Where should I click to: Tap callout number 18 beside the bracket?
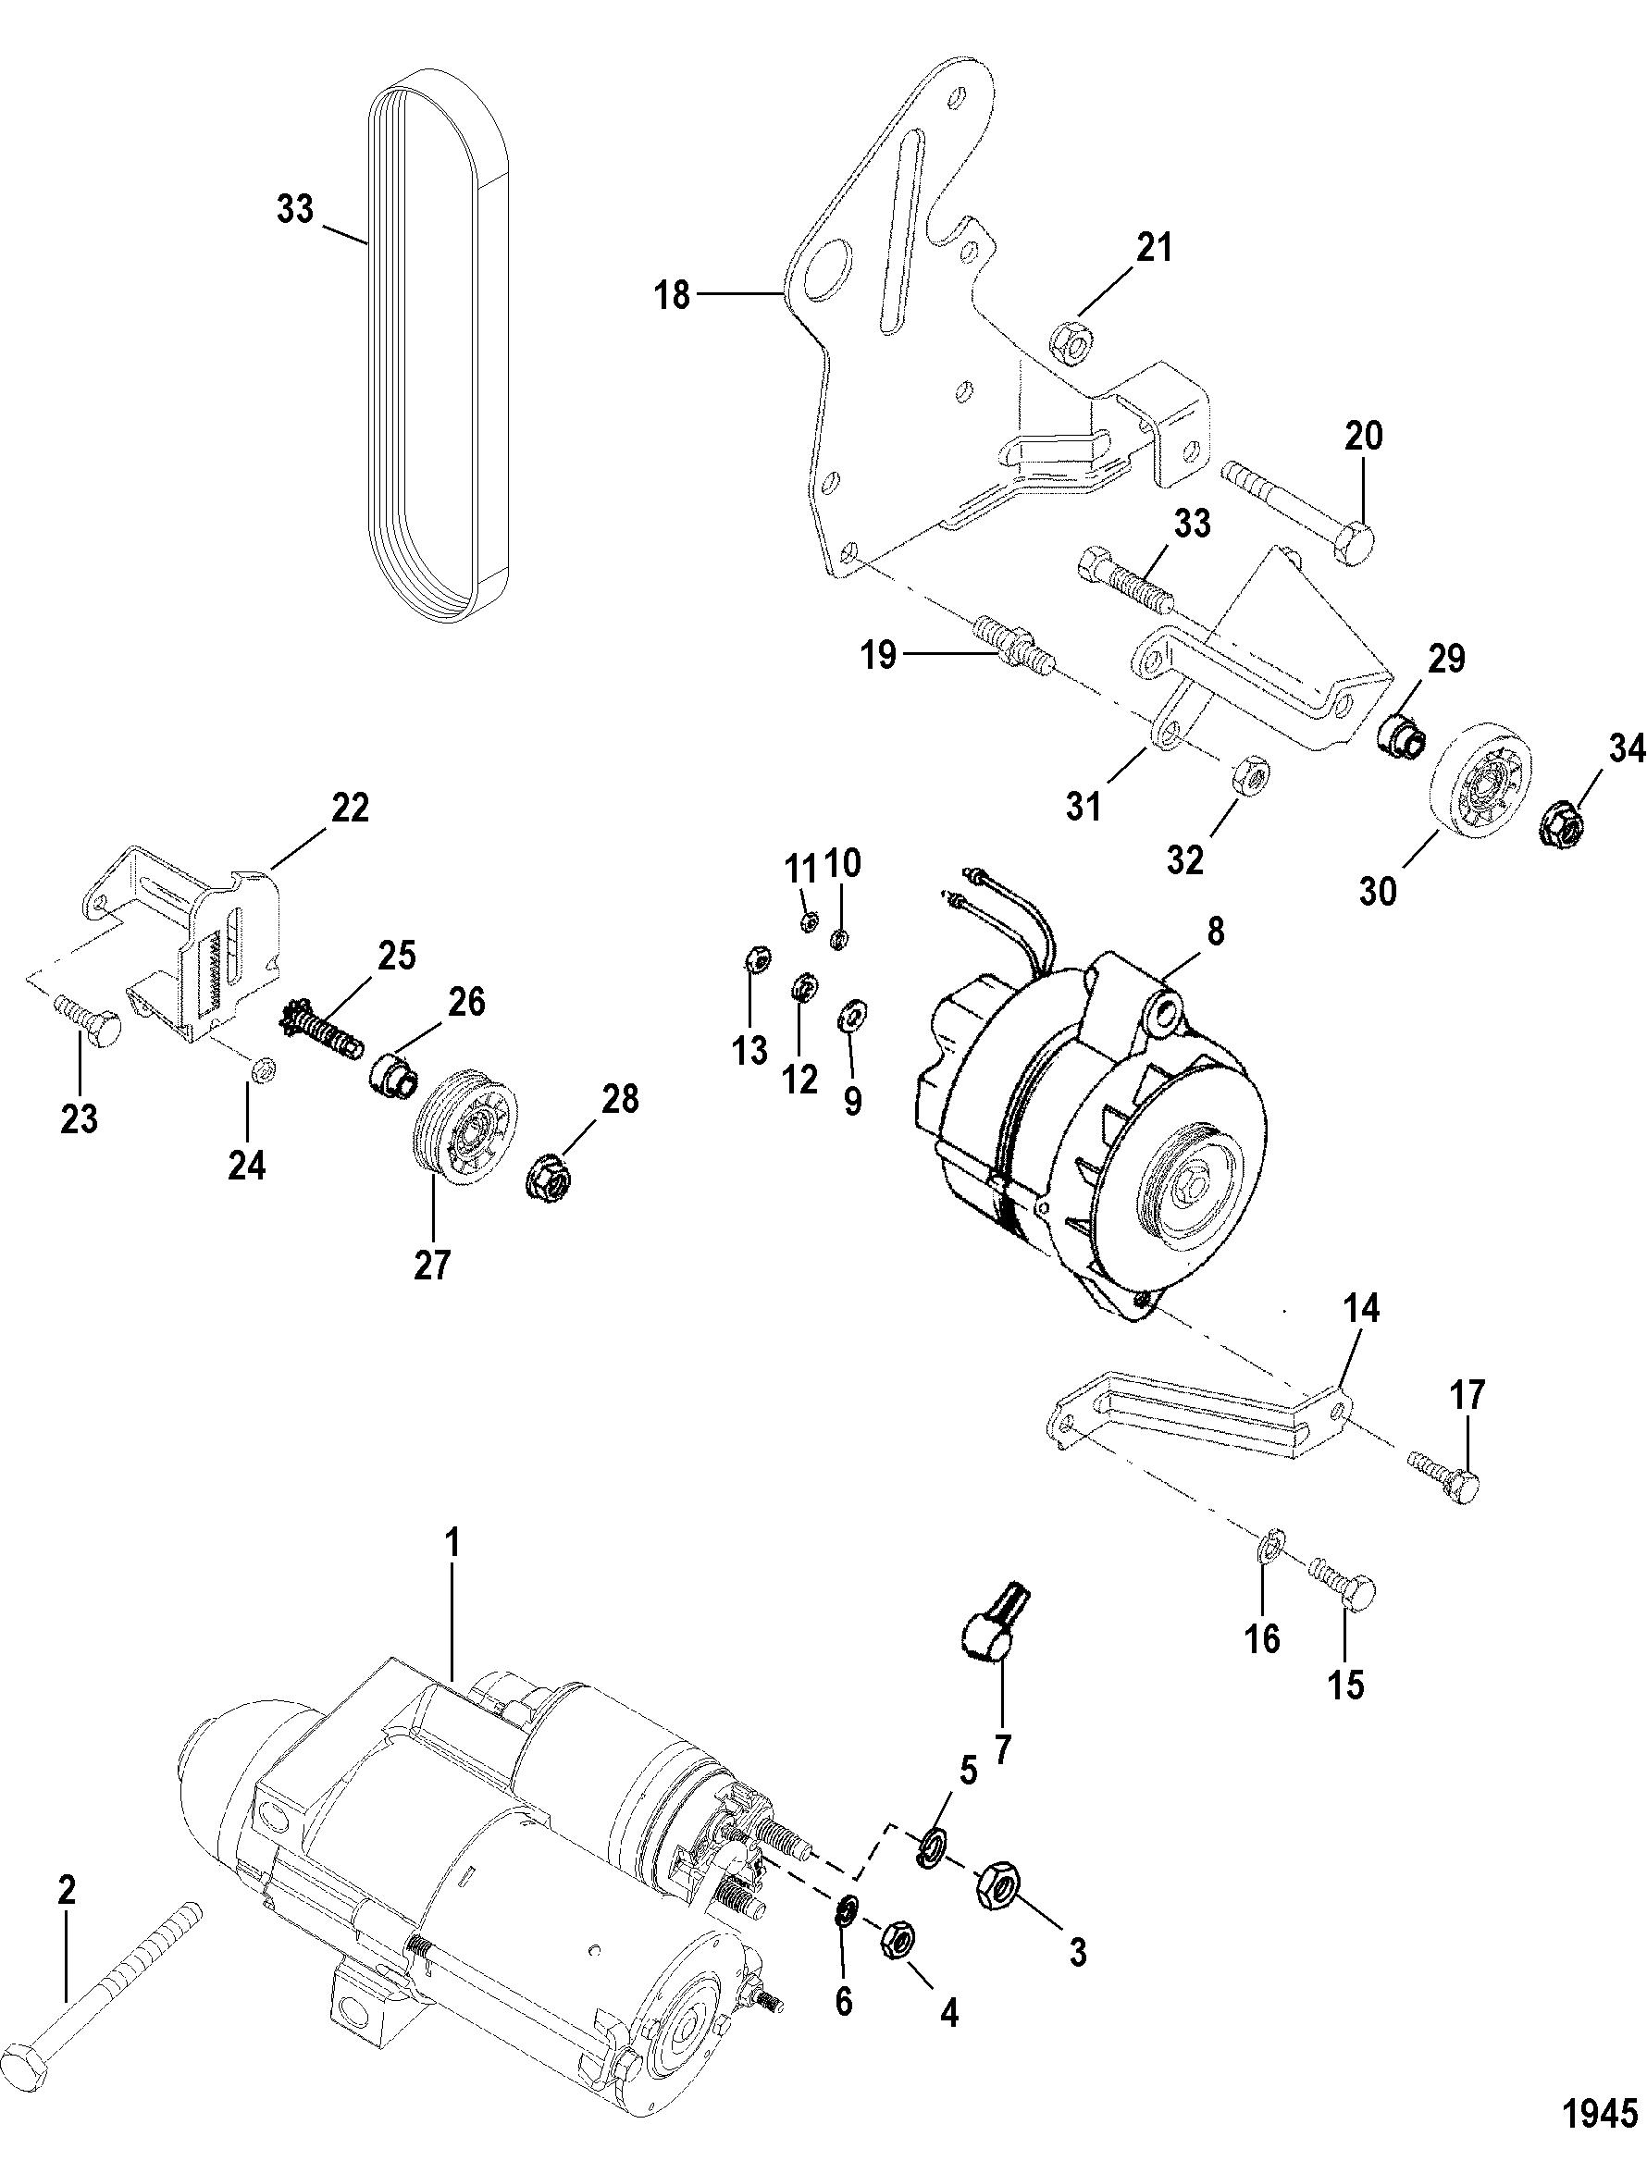coord(674,294)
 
